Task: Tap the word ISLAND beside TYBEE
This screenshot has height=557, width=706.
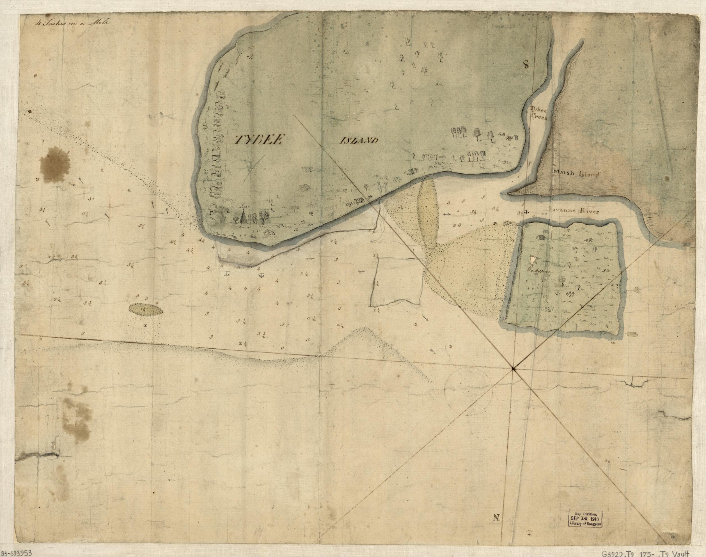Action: (359, 141)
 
